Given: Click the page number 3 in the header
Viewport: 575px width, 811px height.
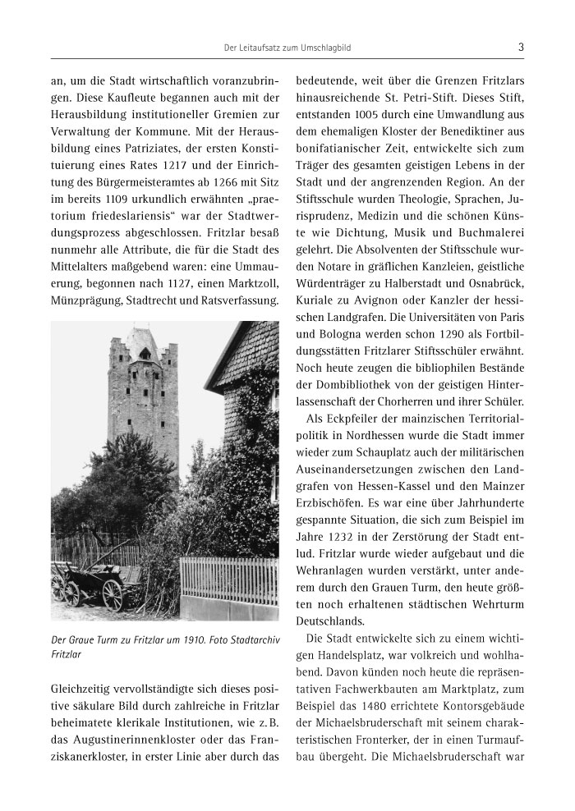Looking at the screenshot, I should tap(522, 48).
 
